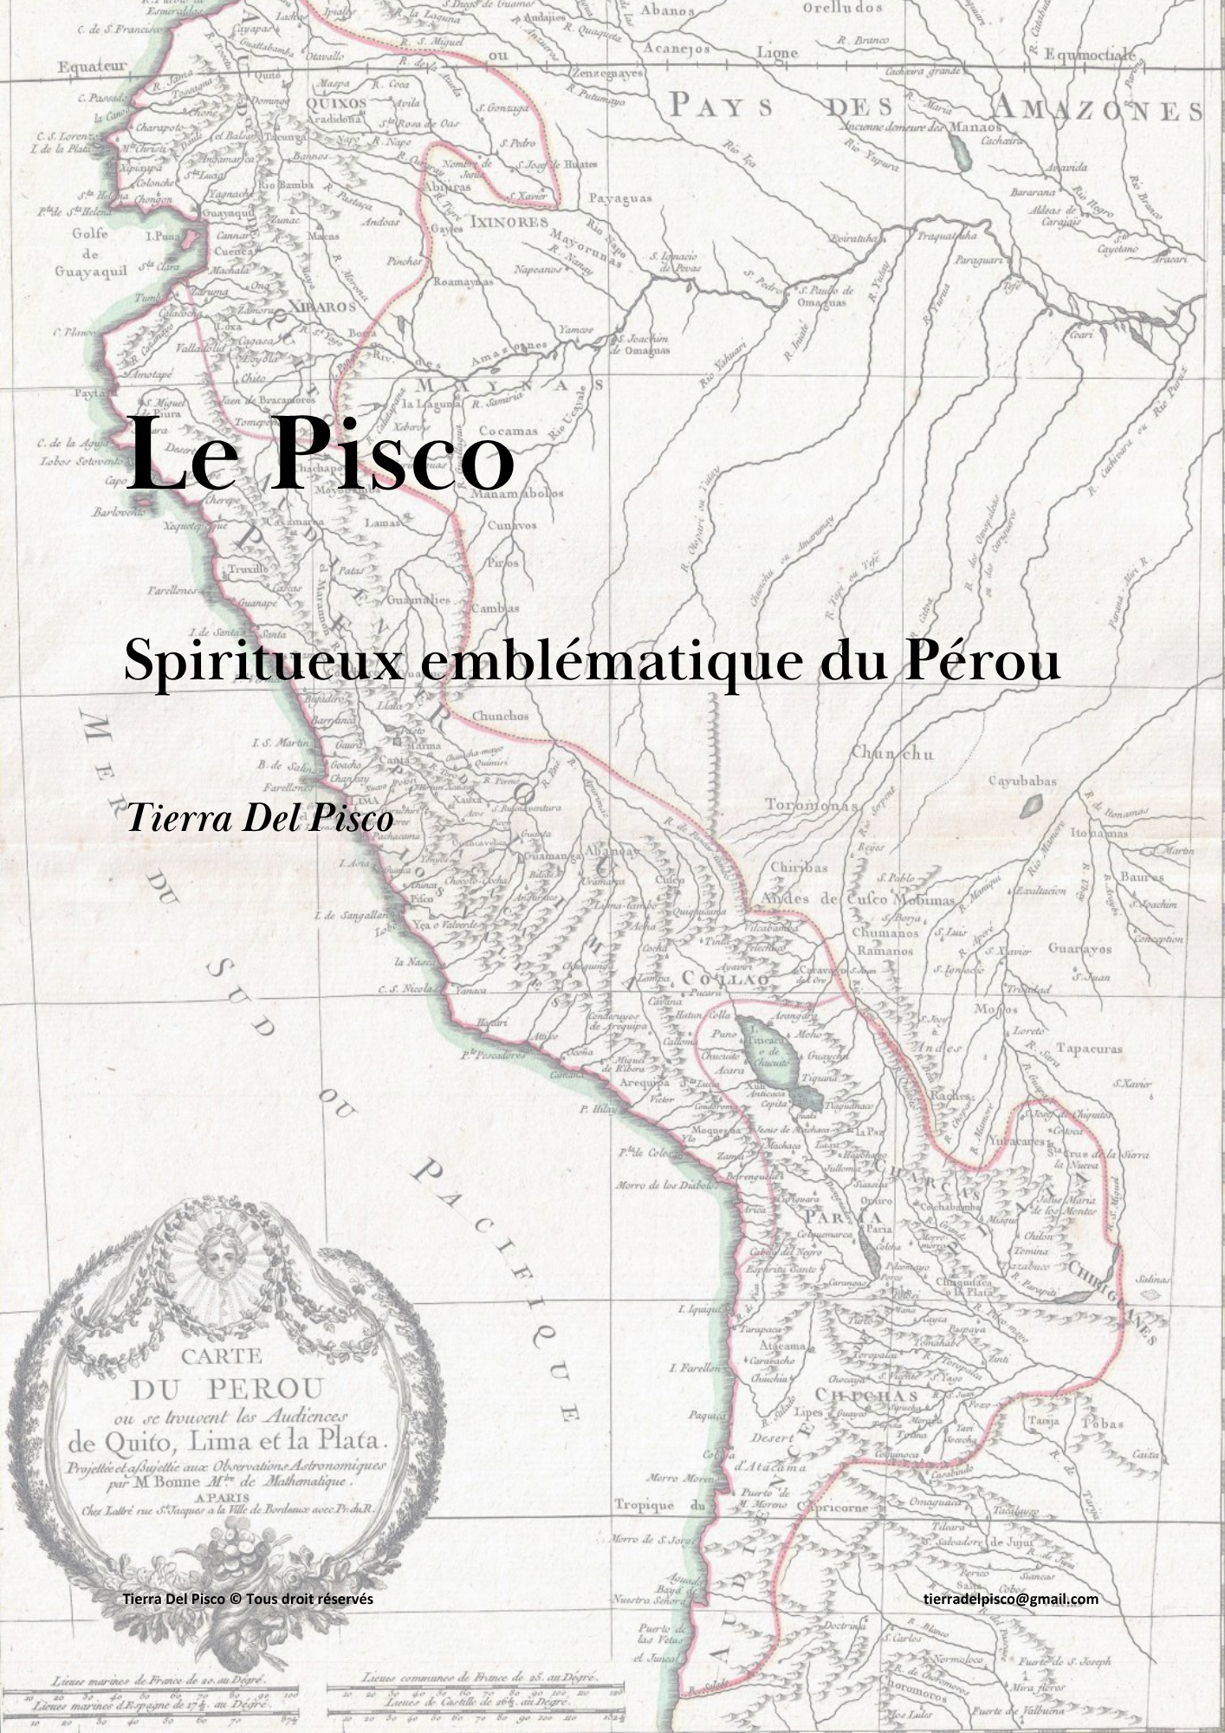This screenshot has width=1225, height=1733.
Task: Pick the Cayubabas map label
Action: click(x=1022, y=781)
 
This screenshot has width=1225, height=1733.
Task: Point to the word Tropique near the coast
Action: click(x=645, y=1505)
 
